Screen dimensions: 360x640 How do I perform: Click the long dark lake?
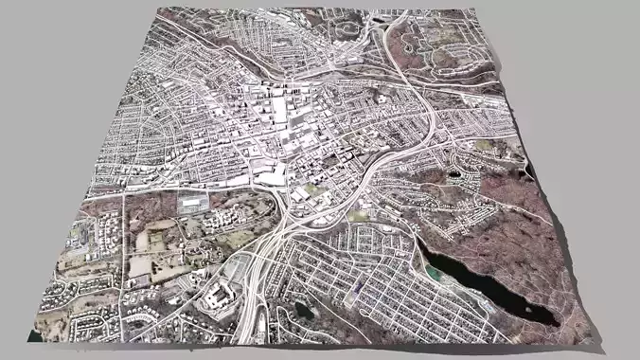[x=483, y=284]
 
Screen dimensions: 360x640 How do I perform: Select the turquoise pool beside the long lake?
[x=433, y=273]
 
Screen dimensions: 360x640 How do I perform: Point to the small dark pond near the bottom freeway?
[x=302, y=309]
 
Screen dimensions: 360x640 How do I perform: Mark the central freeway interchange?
[x=284, y=227]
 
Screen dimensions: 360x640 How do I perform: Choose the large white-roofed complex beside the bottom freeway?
[x=220, y=297]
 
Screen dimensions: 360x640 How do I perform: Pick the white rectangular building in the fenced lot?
[x=193, y=203]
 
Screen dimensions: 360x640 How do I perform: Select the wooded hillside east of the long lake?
[x=530, y=237]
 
